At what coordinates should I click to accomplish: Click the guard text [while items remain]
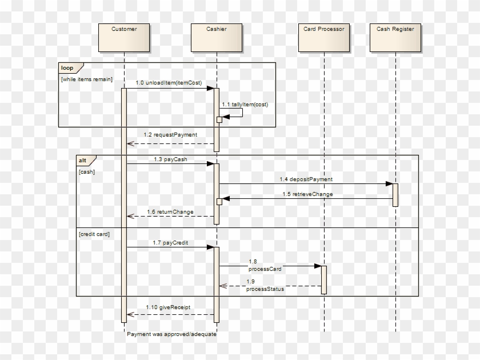click(86, 79)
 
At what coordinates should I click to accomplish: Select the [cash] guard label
click(86, 171)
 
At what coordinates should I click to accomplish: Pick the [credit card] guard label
click(94, 234)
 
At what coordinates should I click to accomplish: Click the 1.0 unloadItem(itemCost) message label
click(169, 83)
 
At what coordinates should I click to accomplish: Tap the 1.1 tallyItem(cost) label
click(245, 105)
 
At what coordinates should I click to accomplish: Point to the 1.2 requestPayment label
click(170, 135)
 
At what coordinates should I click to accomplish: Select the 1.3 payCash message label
click(170, 159)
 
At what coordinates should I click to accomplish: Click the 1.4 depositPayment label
click(306, 179)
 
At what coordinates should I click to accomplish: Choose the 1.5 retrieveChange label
click(307, 194)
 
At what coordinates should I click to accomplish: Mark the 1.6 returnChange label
click(170, 212)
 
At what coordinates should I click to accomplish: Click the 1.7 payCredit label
click(170, 243)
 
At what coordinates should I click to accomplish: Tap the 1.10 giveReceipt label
click(168, 307)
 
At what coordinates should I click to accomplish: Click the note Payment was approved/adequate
click(171, 334)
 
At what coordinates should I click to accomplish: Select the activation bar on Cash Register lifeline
click(395, 195)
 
